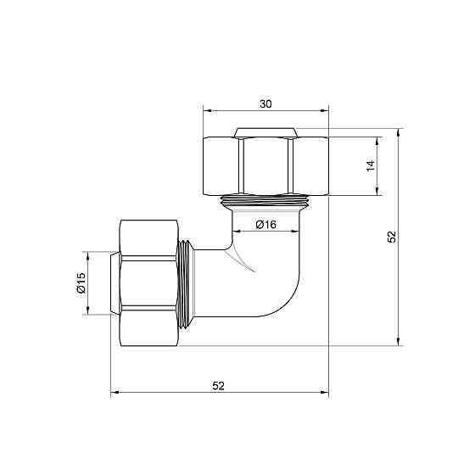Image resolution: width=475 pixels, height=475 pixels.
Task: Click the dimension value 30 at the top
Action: (265, 103)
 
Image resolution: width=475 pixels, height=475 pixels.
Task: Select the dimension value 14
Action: (370, 165)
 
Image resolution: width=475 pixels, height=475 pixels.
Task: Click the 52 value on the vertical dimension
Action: (391, 237)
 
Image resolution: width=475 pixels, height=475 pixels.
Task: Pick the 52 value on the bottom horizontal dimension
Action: (218, 385)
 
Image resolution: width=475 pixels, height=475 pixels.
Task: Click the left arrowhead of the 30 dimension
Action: (207, 111)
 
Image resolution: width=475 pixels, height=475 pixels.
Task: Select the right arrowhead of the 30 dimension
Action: (324, 111)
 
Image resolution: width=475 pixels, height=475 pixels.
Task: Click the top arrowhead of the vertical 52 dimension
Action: (400, 133)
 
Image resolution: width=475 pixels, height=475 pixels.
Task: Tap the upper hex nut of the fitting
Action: (265, 164)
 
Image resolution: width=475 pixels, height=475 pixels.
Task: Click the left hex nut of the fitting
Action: (149, 283)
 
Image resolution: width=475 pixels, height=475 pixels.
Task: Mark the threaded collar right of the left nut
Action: (188, 283)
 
